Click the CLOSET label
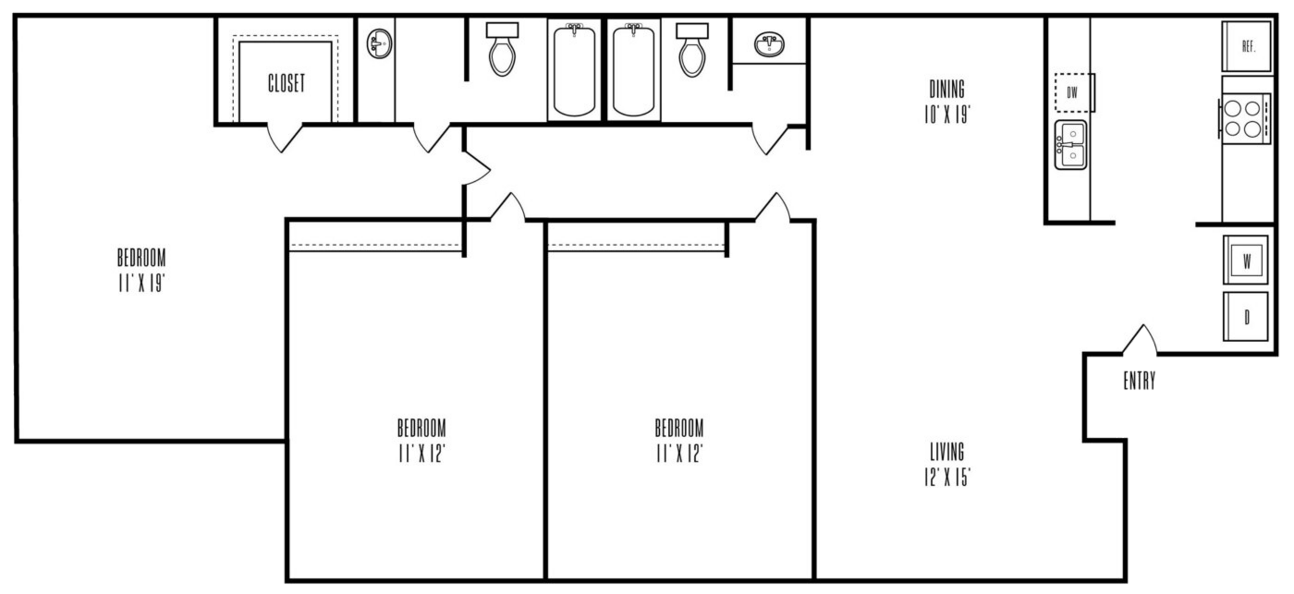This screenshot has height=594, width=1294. click(286, 84)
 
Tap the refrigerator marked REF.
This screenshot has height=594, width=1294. click(1247, 46)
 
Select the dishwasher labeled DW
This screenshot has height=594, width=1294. click(1073, 93)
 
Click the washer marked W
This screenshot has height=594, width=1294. click(1246, 260)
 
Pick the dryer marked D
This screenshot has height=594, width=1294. click(1246, 317)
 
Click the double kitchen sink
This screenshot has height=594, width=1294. click(1071, 145)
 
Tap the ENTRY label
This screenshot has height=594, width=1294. click(1139, 381)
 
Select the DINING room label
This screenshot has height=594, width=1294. click(947, 90)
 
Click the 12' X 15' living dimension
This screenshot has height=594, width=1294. click(947, 478)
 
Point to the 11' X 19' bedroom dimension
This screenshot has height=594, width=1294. click(141, 284)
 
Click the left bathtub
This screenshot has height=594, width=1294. click(574, 69)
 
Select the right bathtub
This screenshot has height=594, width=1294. click(634, 69)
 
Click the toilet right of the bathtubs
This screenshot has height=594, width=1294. click(692, 50)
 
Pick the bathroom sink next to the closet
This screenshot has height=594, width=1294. click(379, 43)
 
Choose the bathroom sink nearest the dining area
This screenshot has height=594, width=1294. click(769, 44)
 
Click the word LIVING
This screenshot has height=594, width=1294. click(947, 452)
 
